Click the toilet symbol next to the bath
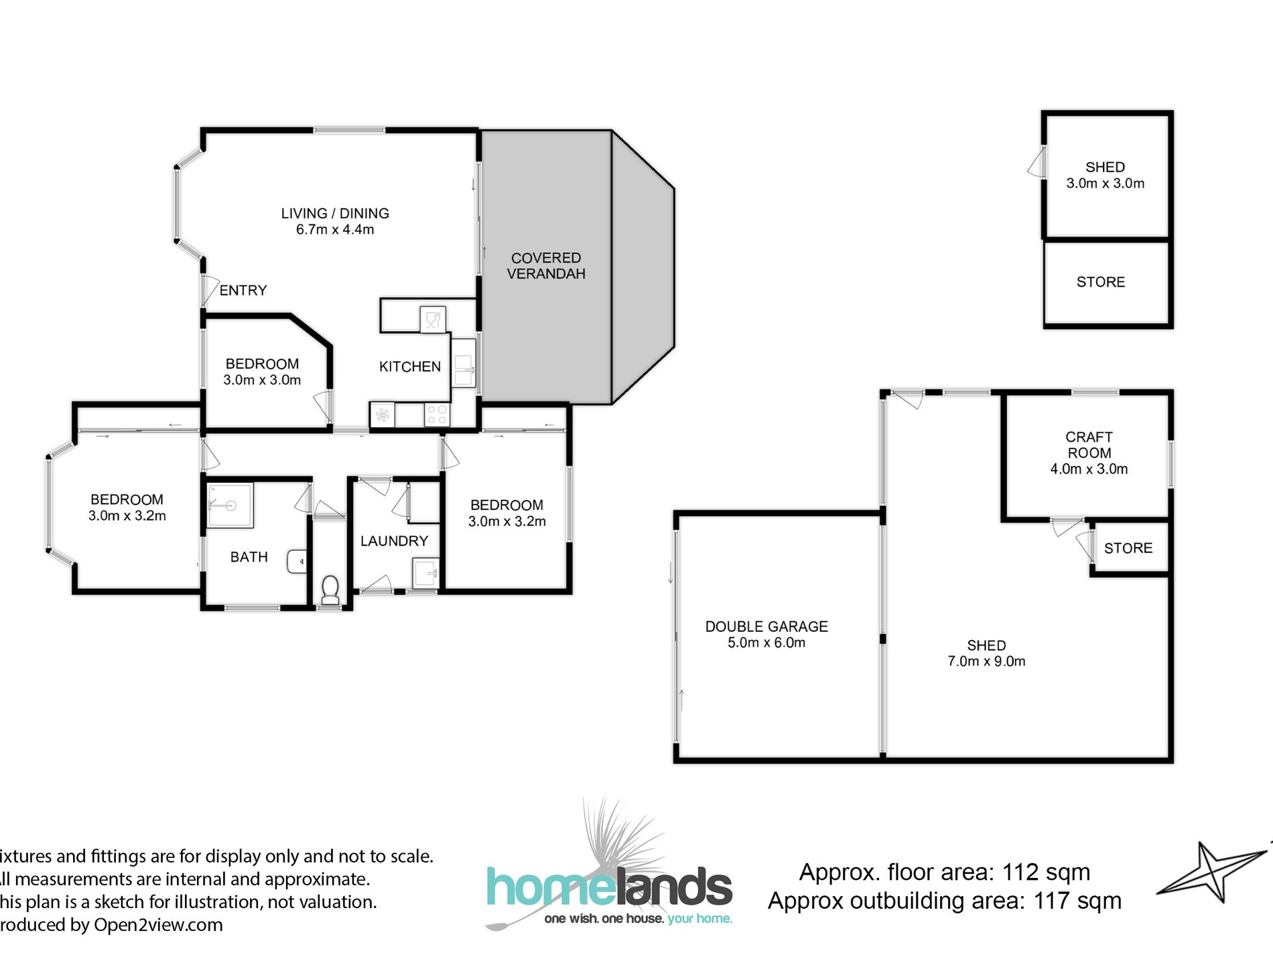pyautogui.click(x=330, y=589)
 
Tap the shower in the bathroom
pyautogui.click(x=229, y=505)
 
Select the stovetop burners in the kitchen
pyautogui.click(x=437, y=415)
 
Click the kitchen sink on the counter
pyautogui.click(x=463, y=371)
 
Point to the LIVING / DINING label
pyautogui.click(x=335, y=213)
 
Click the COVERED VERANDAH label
pyautogui.click(x=546, y=266)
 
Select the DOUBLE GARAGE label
pyautogui.click(x=766, y=627)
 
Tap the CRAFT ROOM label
pyautogui.click(x=1089, y=445)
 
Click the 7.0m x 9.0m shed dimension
pyautogui.click(x=986, y=661)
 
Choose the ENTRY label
pyautogui.click(x=243, y=290)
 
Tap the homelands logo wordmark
pyautogui.click(x=609, y=887)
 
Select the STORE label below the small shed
pyautogui.click(x=1101, y=282)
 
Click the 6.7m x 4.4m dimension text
pyautogui.click(x=335, y=229)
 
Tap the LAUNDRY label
pyautogui.click(x=394, y=541)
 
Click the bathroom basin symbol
pyautogui.click(x=297, y=562)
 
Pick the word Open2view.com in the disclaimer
pyautogui.click(x=158, y=925)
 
